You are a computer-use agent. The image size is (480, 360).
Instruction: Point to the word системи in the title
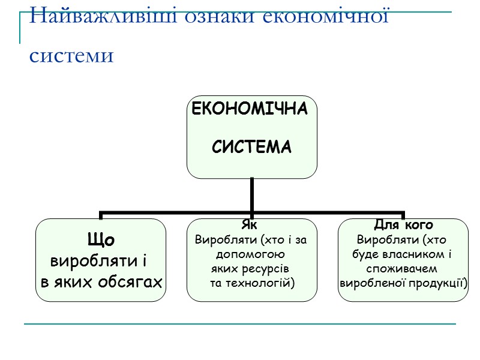tap(71, 55)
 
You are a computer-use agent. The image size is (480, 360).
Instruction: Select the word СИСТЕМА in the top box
tap(252, 147)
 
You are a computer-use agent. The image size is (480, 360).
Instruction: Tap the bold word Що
tap(101, 240)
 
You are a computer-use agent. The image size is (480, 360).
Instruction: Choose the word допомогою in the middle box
tap(250, 254)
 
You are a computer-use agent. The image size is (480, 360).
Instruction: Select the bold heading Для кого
tap(403, 225)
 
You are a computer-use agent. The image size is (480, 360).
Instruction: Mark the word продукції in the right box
tap(436, 282)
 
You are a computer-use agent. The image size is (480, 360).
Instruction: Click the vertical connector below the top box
tap(251, 195)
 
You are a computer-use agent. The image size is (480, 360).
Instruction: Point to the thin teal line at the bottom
tap(240, 325)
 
